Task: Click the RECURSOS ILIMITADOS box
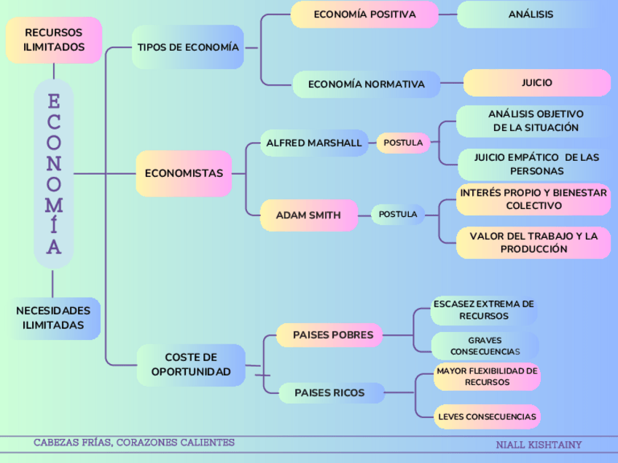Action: pos(54,40)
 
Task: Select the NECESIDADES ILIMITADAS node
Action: pos(55,318)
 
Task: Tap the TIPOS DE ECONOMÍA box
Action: pos(188,47)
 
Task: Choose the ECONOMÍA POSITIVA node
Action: pos(364,15)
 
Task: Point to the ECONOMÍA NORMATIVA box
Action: pos(366,84)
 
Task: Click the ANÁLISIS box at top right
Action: pos(531,15)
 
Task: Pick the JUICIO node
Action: pos(536,83)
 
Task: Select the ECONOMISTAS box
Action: pos(184,173)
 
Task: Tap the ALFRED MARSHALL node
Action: pos(313,143)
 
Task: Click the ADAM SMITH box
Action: pos(308,215)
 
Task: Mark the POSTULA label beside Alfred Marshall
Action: pos(403,143)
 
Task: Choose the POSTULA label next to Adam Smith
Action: pos(398,215)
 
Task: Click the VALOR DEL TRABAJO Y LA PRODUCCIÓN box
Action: pos(533,242)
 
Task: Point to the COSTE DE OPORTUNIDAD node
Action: pos(191,365)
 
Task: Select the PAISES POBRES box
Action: pos(332,335)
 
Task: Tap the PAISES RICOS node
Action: pos(329,393)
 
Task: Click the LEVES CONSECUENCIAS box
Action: pos(488,417)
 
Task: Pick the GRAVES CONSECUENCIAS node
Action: pos(485,346)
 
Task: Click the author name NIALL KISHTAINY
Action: pos(539,444)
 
